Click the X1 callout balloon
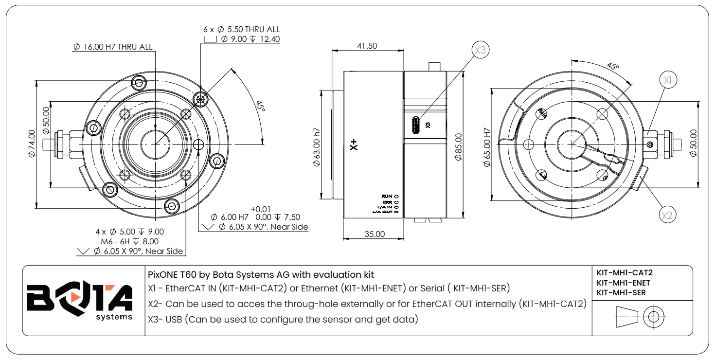point(668,80)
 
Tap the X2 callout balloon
point(667,215)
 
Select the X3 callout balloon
point(481,50)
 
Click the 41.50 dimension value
point(367,46)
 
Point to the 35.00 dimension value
point(375,234)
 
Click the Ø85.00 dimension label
point(459,146)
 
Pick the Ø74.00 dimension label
point(32,144)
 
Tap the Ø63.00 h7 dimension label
point(316,147)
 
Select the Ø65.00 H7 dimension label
point(486,147)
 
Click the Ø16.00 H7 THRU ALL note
point(113,47)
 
